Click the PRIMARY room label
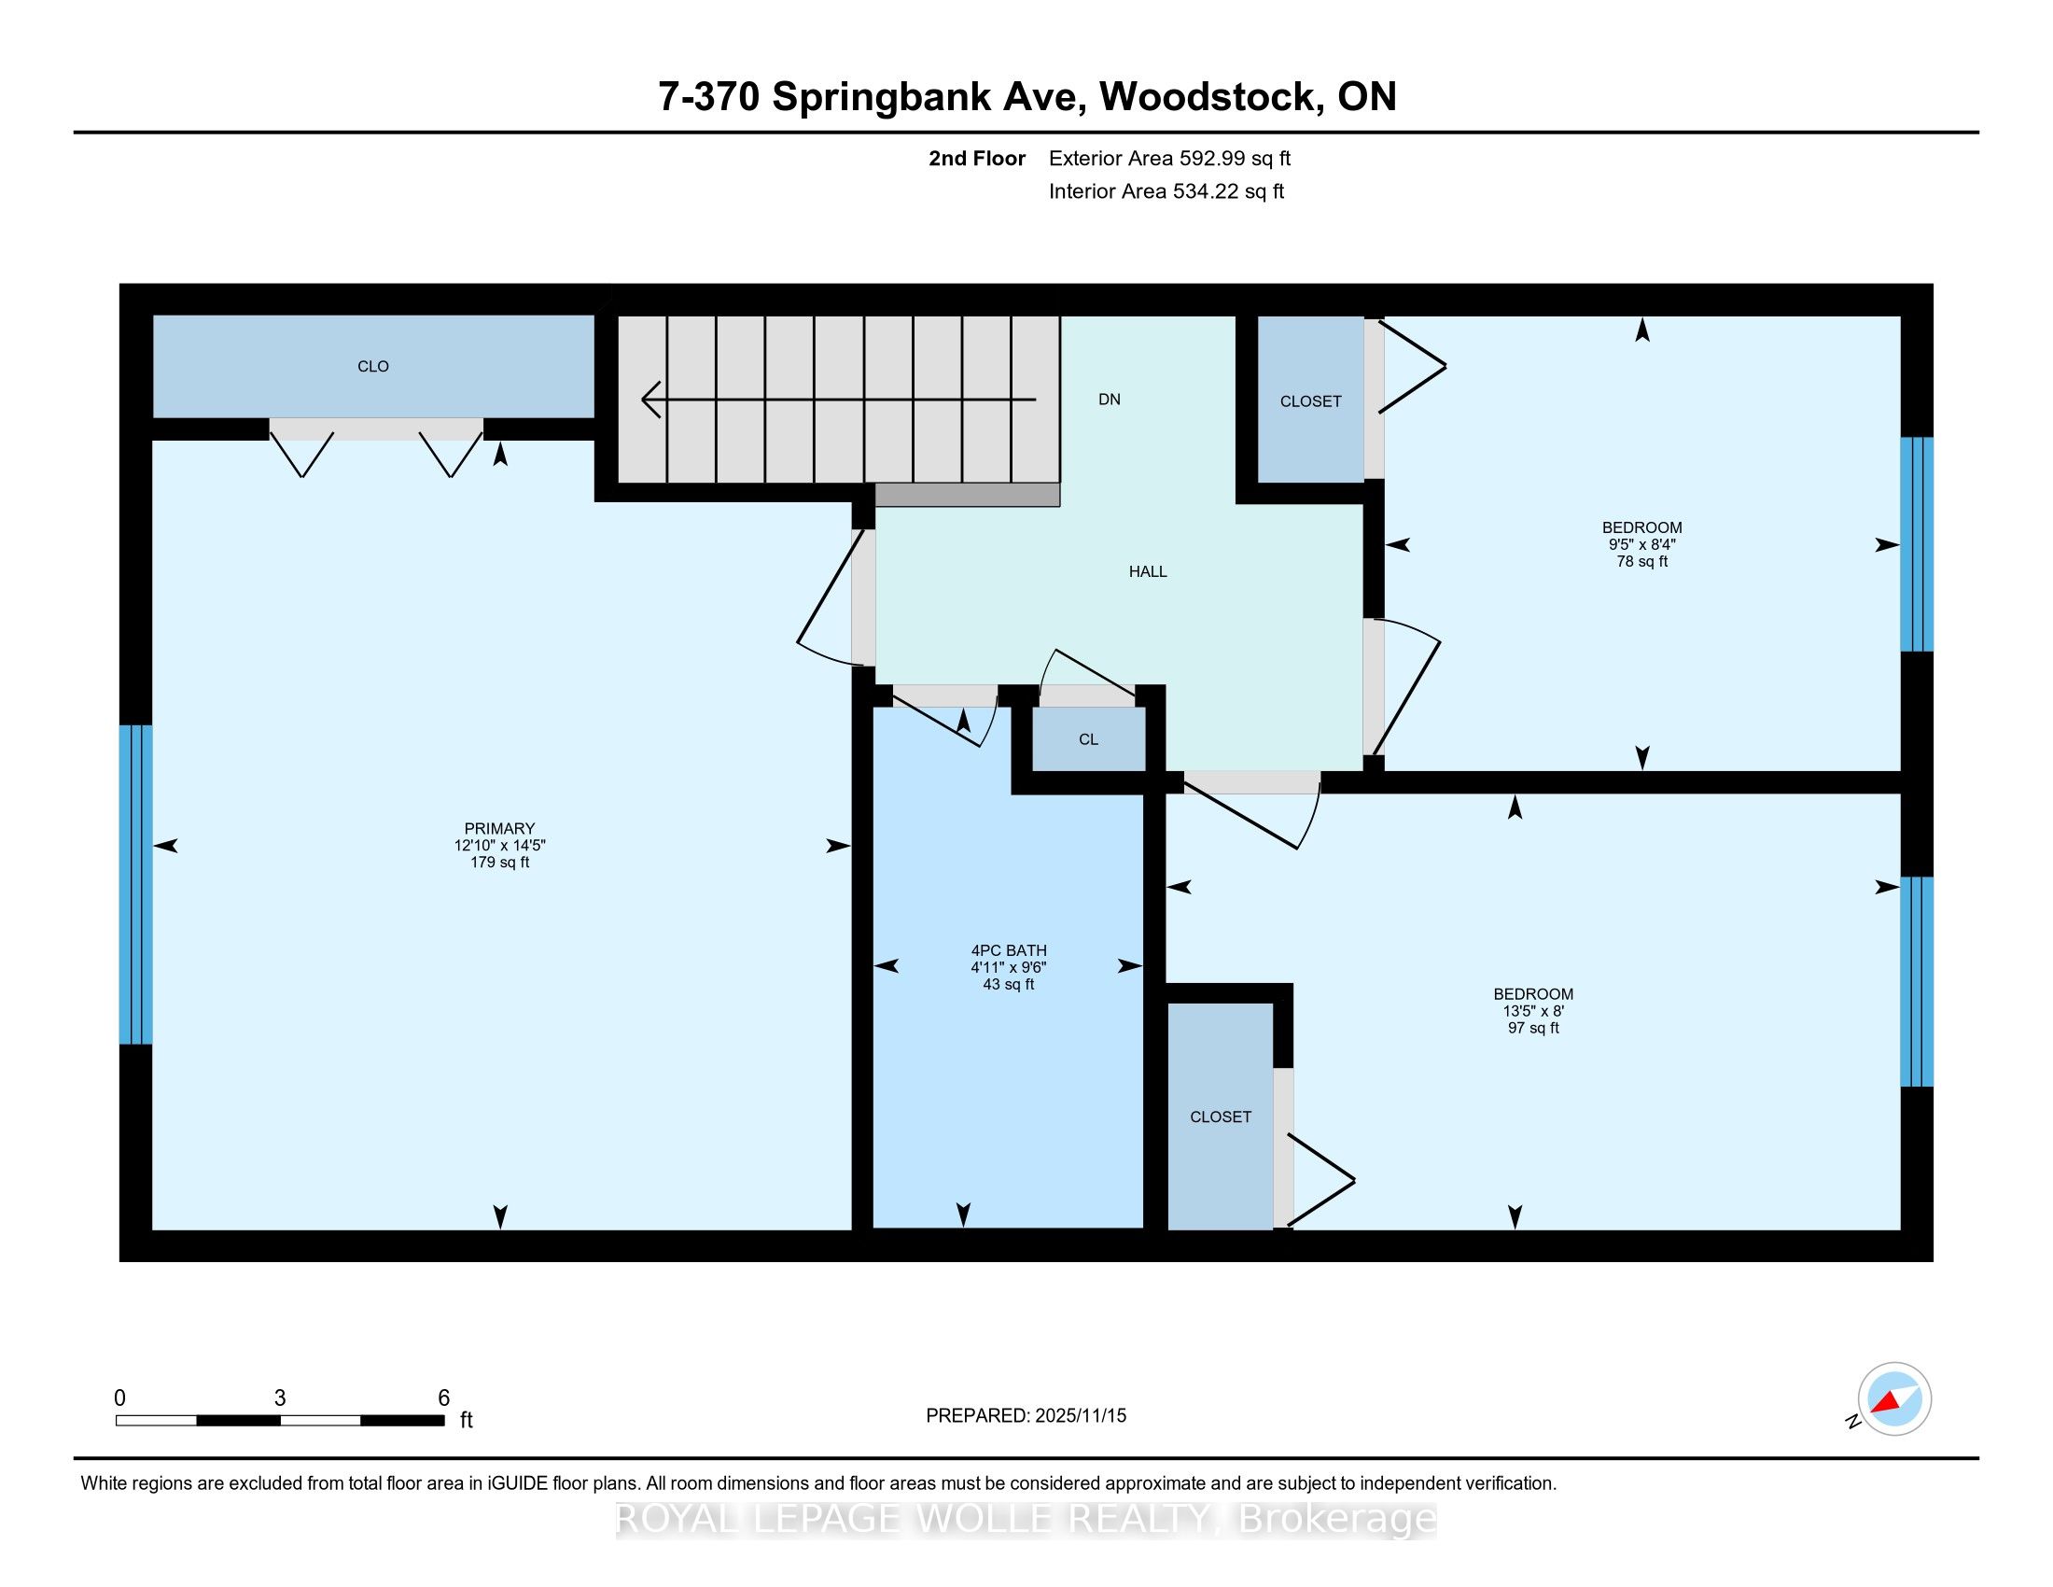[499, 828]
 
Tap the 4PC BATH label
[1009, 950]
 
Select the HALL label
[1148, 571]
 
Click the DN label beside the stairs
[1110, 400]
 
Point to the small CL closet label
[1088, 740]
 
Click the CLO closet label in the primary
[373, 367]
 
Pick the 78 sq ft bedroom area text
[1642, 562]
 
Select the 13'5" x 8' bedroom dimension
[1533, 1012]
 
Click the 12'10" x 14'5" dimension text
[500, 845]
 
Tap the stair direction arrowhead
[650, 400]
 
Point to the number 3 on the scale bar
[280, 1398]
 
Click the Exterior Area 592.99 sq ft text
[1169, 159]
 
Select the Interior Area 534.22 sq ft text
[1166, 191]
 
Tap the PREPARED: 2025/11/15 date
[1026, 1416]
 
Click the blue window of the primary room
[135, 885]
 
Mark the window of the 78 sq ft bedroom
[1917, 544]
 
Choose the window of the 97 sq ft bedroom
[1917, 981]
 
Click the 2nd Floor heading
[977, 159]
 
